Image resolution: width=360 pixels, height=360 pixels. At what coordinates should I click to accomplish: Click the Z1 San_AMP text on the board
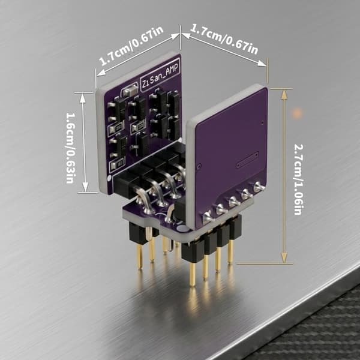(160, 75)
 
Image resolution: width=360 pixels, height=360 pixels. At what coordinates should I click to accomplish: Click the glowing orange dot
(297, 113)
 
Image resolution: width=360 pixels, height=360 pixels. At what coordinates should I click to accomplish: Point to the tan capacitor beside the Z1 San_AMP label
(130, 91)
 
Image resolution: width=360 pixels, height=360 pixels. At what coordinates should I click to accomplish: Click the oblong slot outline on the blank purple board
(247, 160)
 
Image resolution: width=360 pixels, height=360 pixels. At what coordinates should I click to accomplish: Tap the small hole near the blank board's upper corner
(263, 122)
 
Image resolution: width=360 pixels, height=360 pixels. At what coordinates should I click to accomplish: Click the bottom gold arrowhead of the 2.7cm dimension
(284, 257)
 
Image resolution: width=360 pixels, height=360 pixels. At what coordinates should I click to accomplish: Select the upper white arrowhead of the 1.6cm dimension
(83, 98)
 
